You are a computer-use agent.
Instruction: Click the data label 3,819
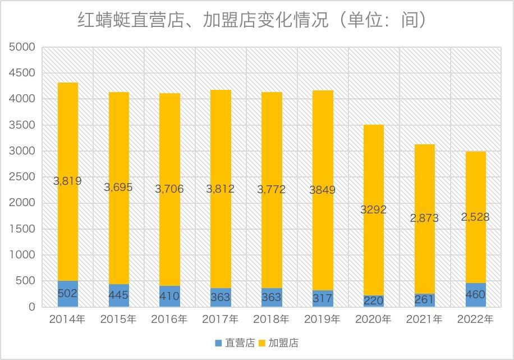coord(67,181)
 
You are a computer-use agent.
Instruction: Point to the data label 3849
coord(322,190)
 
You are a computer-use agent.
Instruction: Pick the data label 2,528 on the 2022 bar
coord(475,217)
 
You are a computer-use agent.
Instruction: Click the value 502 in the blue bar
coord(68,293)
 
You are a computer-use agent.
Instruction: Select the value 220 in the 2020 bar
coord(373,301)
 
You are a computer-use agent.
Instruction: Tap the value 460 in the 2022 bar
coord(475,294)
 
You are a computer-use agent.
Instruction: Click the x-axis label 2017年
coord(221,320)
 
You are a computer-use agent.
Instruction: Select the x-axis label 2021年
coord(424,320)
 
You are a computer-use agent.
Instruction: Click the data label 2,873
coord(424,218)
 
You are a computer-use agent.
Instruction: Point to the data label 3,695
coord(118,187)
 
